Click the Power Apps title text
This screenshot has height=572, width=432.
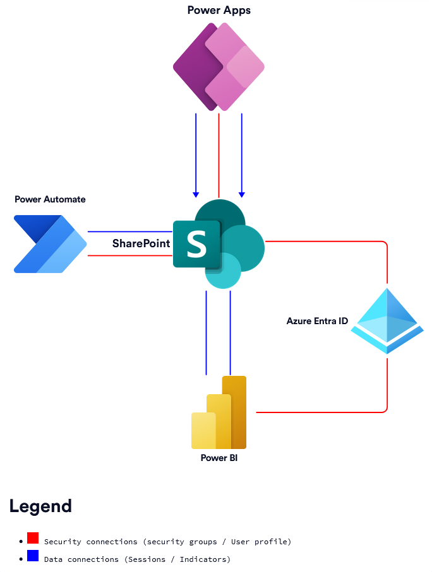point(219,10)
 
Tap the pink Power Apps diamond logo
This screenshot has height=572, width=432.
point(219,66)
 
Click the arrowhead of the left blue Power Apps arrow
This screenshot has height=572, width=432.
point(196,194)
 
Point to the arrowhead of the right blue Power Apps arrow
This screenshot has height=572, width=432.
point(242,194)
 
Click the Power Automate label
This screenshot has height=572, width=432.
point(50,199)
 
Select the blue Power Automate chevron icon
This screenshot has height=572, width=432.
point(50,244)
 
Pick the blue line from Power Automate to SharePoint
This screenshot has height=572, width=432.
point(129,231)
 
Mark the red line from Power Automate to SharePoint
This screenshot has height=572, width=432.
point(129,255)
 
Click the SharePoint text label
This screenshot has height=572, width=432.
point(141,243)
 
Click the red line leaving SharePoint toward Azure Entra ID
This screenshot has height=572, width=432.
point(328,242)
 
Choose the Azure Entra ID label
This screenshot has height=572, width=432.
point(317,321)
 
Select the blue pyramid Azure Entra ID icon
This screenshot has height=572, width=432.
point(387,321)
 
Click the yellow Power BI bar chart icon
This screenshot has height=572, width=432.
point(219,413)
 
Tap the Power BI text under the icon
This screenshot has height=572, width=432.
point(219,458)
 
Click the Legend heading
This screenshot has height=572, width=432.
point(40,506)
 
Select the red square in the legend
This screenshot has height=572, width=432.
point(33,538)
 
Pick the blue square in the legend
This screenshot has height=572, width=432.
point(33,556)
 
